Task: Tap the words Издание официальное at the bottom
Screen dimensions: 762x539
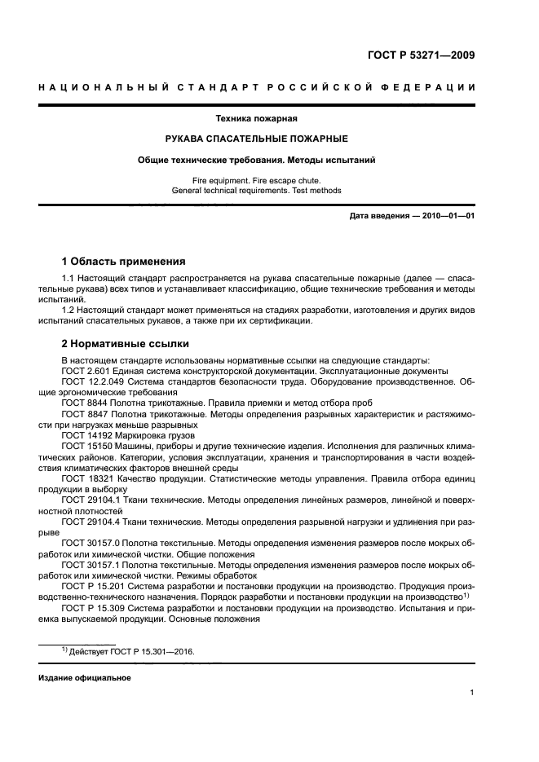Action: (x=85, y=677)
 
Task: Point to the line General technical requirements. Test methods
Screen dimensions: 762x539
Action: (x=256, y=190)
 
